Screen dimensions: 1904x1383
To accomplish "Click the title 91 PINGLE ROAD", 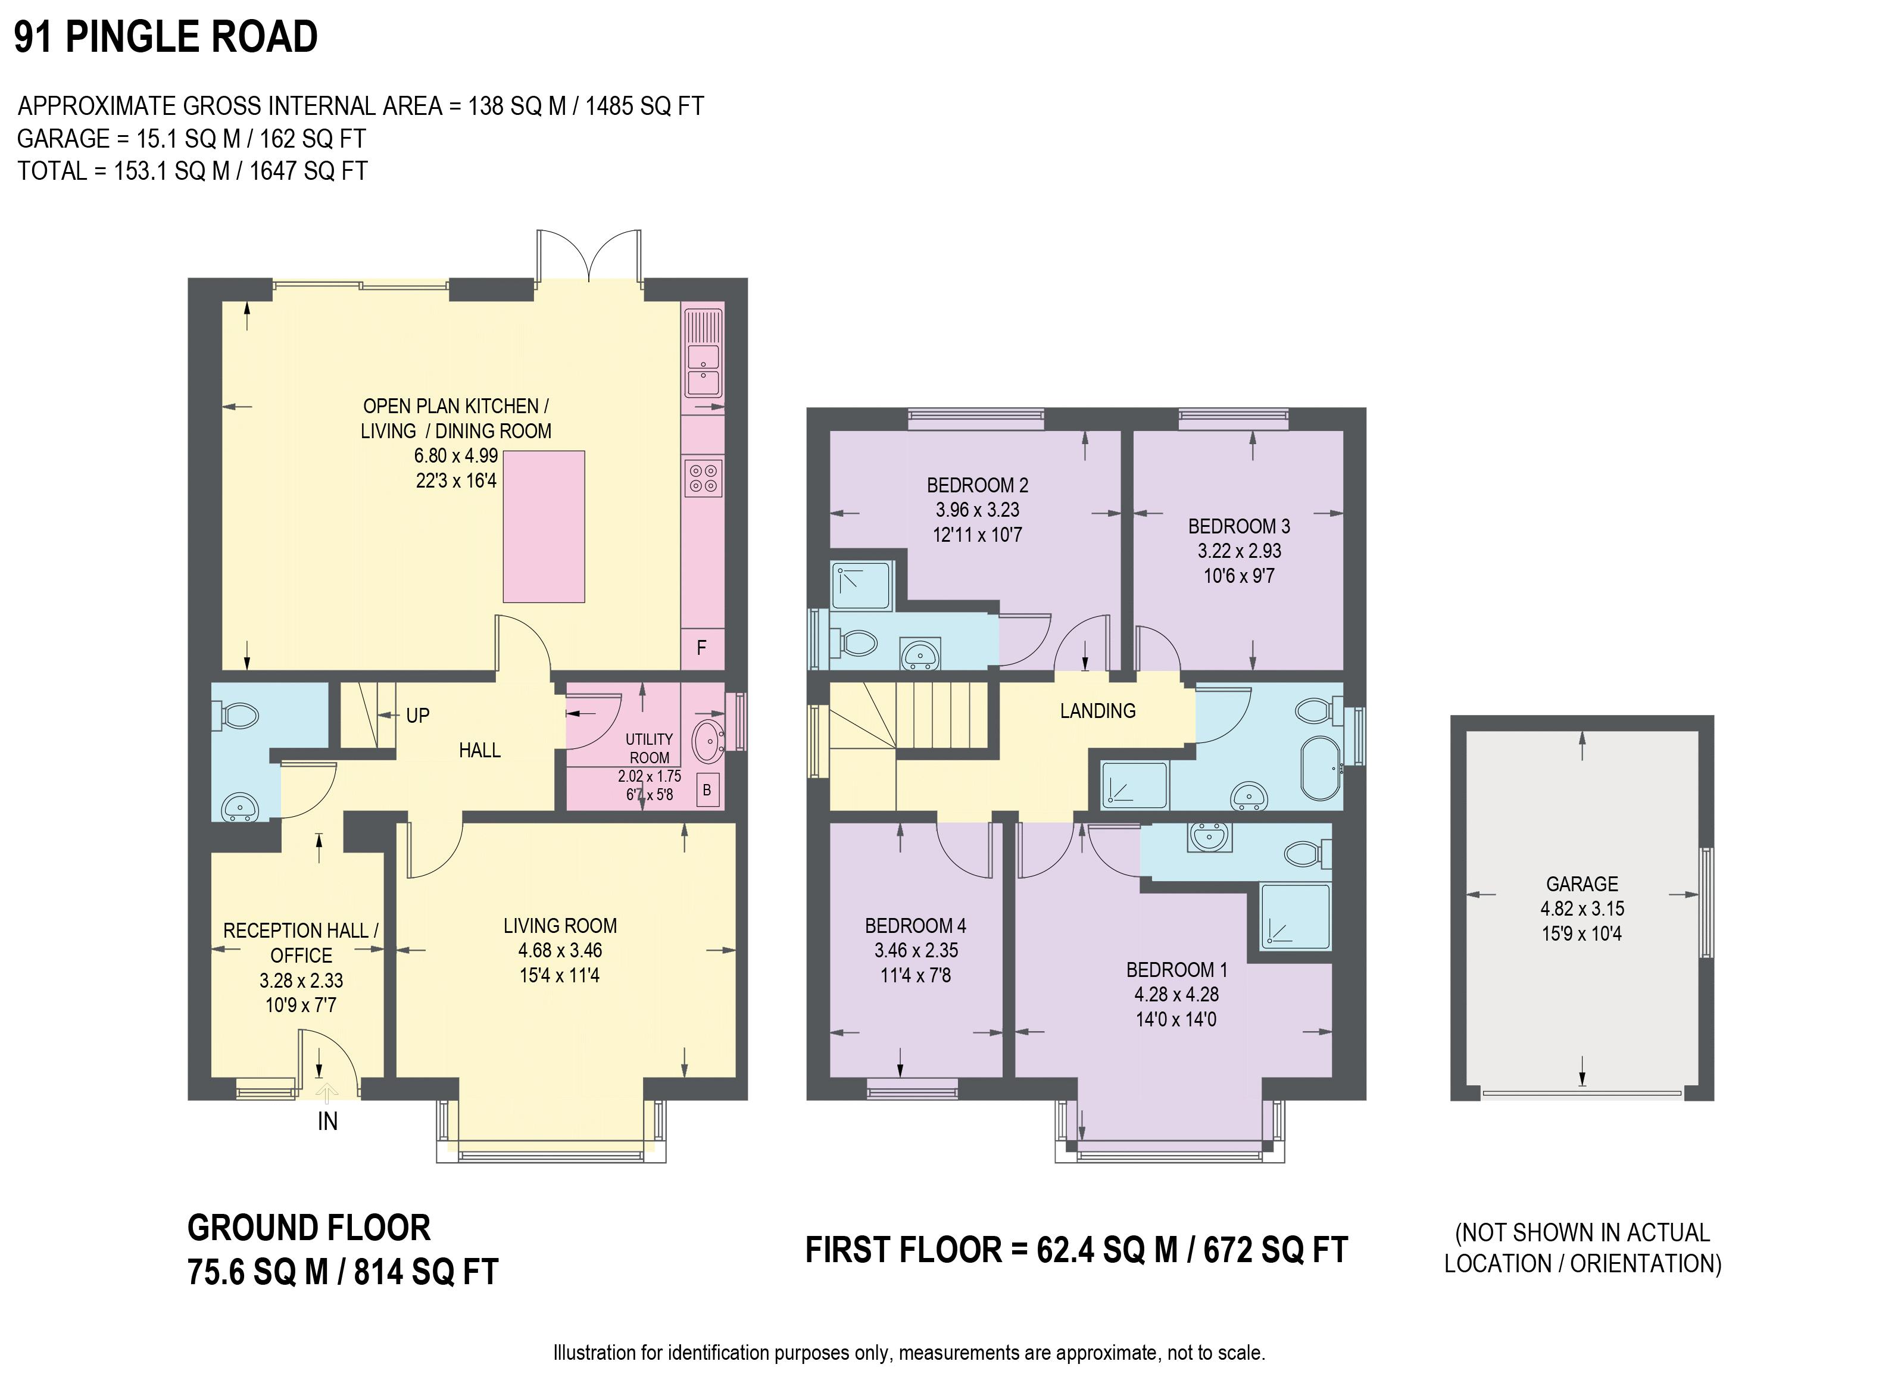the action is coord(166,37).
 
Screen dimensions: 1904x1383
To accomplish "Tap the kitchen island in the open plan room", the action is coord(544,526).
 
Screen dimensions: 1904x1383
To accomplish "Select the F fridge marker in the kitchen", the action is coord(702,647).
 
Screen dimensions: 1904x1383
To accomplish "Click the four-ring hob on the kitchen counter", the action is coord(704,479).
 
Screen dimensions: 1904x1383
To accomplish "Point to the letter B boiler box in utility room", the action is coord(708,790).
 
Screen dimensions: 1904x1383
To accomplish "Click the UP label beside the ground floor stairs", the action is coord(417,716).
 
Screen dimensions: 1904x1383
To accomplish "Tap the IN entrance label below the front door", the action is coord(327,1121).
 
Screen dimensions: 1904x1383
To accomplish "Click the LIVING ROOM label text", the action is coord(560,925).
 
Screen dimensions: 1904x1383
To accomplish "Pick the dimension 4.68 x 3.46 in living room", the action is coord(560,951).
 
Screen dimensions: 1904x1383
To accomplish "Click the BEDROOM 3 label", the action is coord(1239,526).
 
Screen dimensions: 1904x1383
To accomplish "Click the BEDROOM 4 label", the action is coord(915,925).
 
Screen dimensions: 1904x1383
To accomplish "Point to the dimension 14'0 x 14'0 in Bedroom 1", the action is coord(1176,1019).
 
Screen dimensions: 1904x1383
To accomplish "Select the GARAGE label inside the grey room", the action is coord(1582,884).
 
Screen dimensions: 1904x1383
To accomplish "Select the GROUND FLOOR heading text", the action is coord(309,1228).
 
